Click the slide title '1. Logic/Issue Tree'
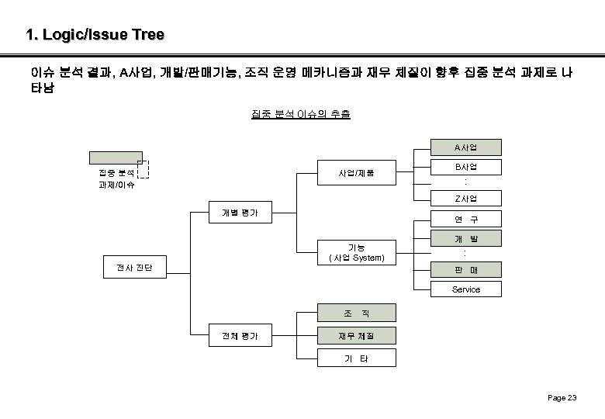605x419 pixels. (x=95, y=35)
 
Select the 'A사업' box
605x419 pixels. (x=466, y=147)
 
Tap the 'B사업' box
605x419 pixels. (x=466, y=167)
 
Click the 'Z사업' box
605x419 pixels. (x=466, y=199)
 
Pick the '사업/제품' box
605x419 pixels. (x=356, y=172)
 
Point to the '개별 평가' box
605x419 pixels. (x=240, y=212)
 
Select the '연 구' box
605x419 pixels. (x=466, y=219)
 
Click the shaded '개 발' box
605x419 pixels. (x=466, y=238)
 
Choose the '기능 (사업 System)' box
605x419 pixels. (x=356, y=253)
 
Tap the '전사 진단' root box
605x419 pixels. (x=134, y=268)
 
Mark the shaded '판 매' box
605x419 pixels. (x=466, y=269)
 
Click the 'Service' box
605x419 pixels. (x=466, y=289)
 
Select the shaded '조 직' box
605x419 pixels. (x=356, y=313)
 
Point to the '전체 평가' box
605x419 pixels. (x=240, y=336)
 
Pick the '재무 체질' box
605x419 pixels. (x=356, y=336)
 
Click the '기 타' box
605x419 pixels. (x=356, y=358)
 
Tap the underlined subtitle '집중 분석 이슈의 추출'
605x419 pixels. (x=301, y=115)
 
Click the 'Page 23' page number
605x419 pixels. (x=562, y=398)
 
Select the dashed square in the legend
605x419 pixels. (x=153, y=170)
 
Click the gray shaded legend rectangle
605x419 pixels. (x=116, y=157)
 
